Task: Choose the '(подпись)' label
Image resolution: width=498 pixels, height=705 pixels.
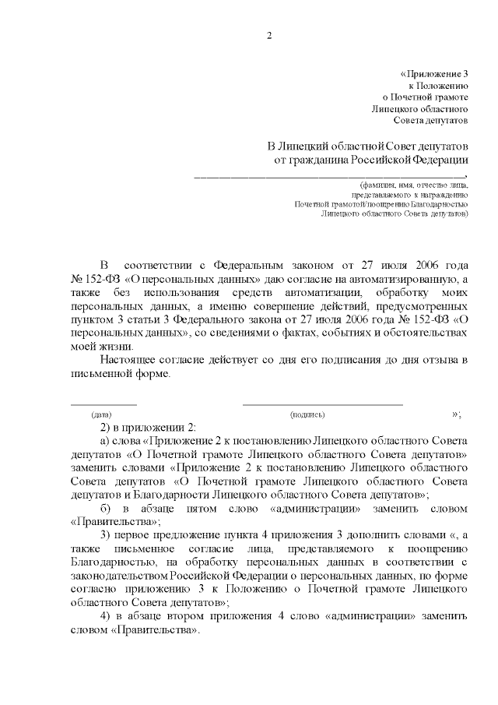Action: click(307, 415)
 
